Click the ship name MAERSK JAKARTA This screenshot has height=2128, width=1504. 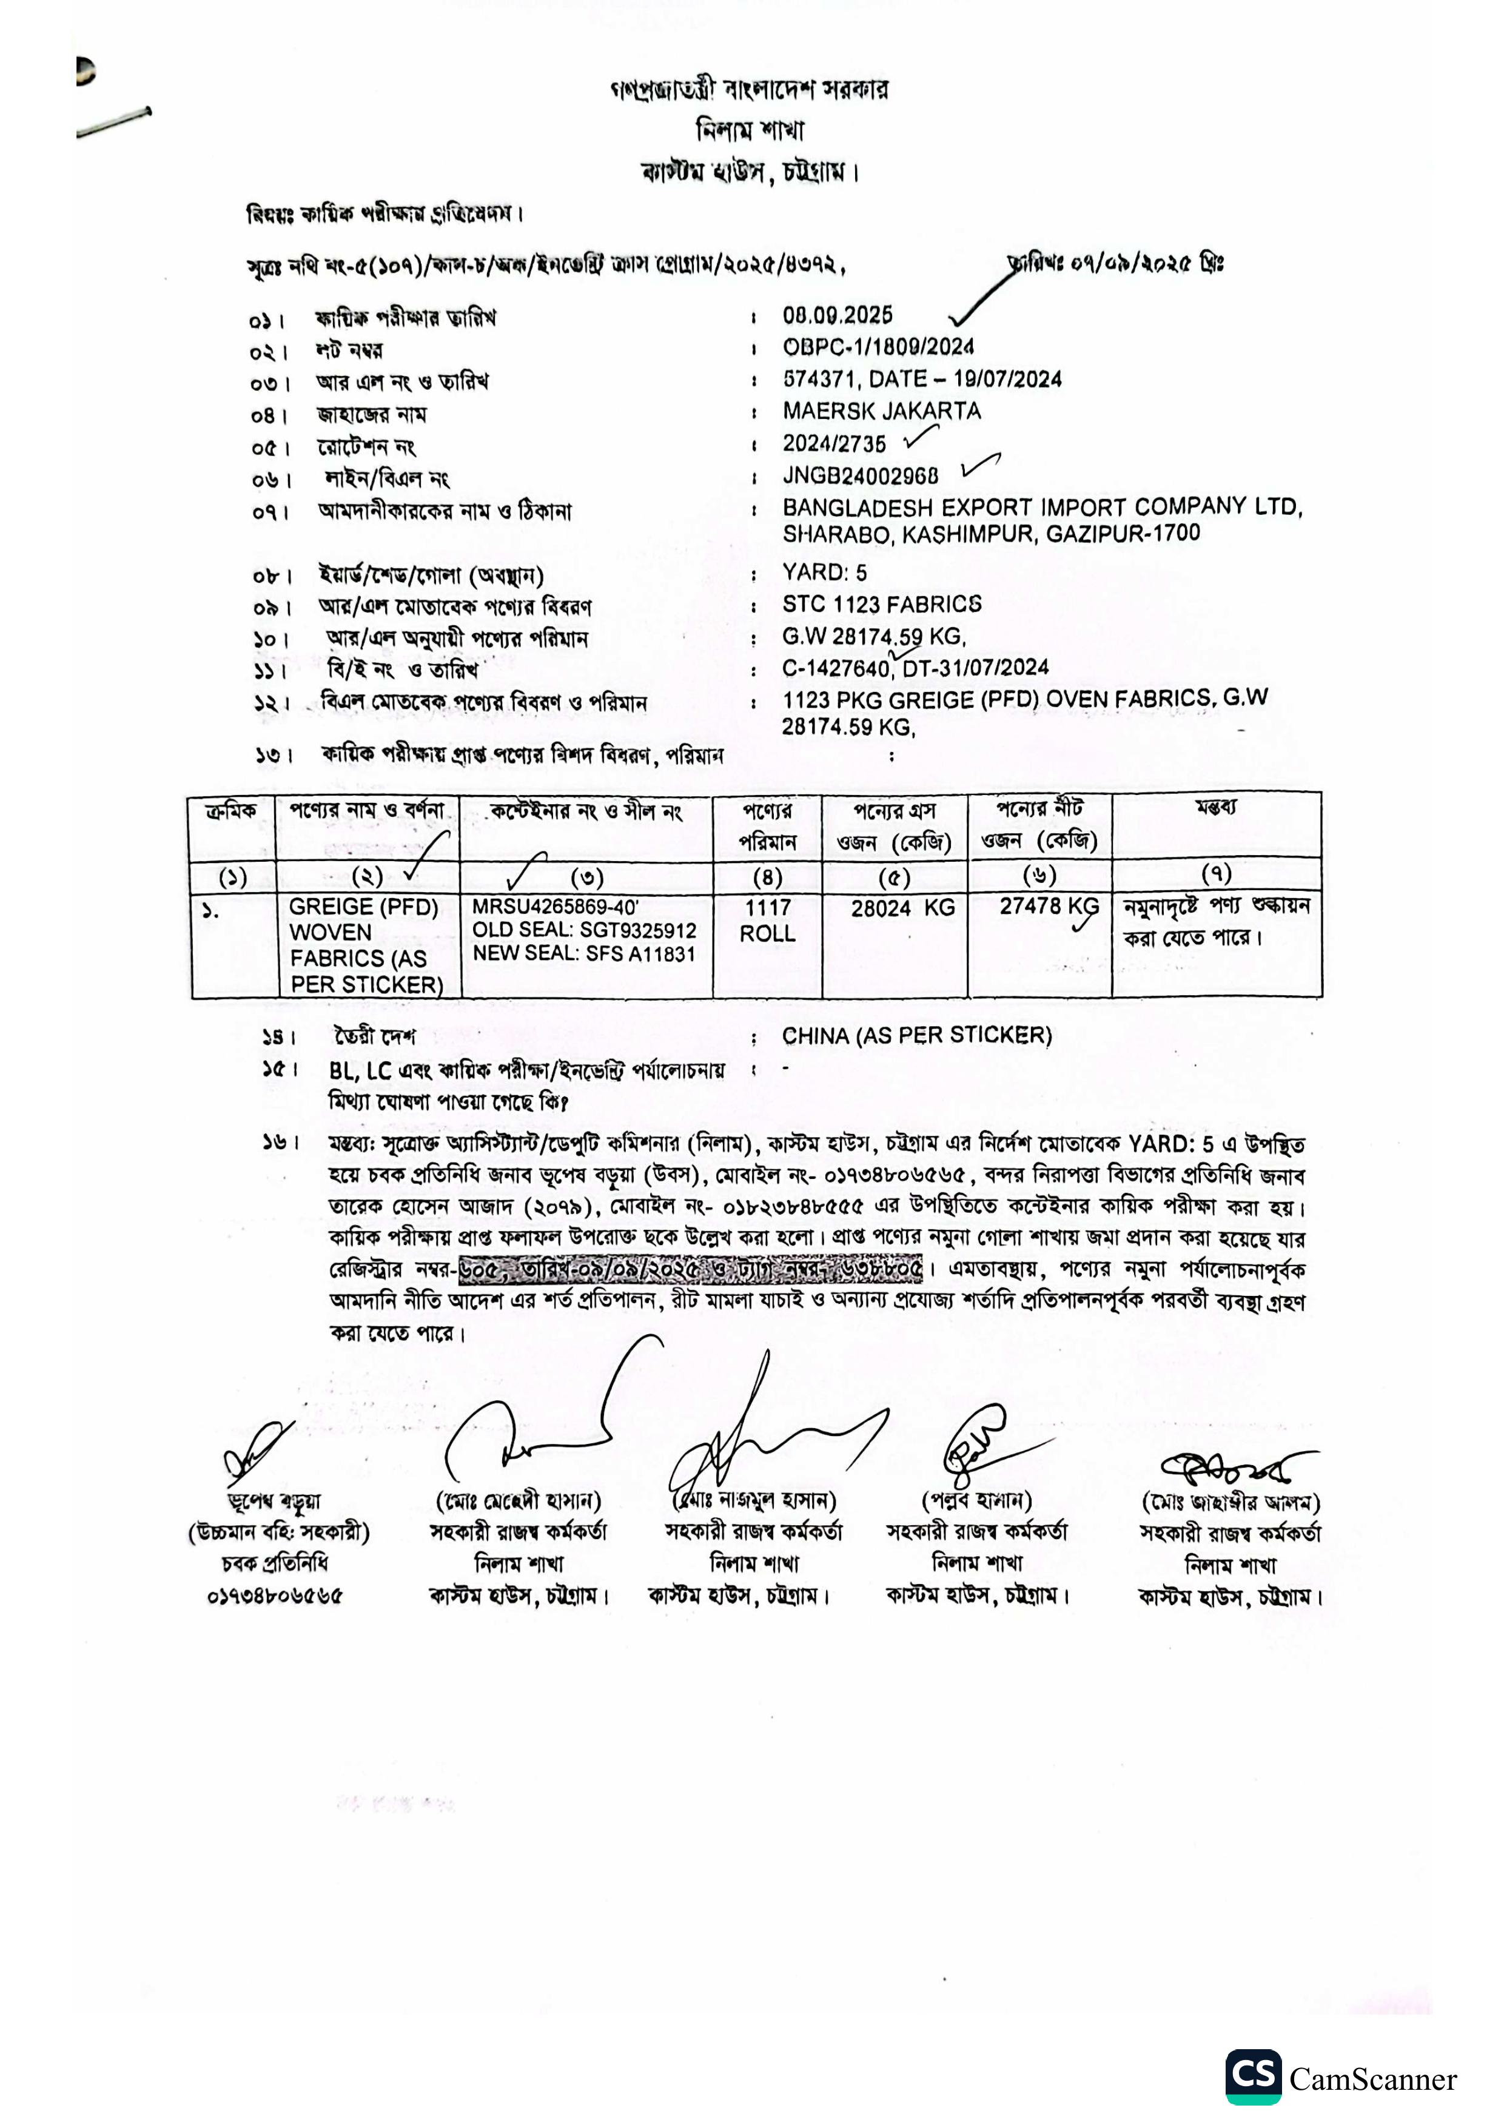pyautogui.click(x=881, y=411)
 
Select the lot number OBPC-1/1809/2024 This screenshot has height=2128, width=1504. pyautogui.click(x=878, y=347)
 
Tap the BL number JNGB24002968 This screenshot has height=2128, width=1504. pyautogui.click(x=860, y=475)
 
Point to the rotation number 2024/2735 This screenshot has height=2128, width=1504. pyautogui.click(x=834, y=443)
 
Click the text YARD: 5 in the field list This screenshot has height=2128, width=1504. pyautogui.click(x=825, y=572)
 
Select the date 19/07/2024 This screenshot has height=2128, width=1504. pyautogui.click(x=1007, y=379)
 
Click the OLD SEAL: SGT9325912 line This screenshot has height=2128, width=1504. pyautogui.click(x=584, y=930)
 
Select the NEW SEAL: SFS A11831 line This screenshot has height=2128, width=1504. pyautogui.click(x=584, y=954)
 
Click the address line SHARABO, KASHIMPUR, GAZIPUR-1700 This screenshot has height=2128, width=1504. pyautogui.click(x=990, y=534)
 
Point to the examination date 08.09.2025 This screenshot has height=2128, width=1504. pyautogui.click(x=837, y=315)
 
